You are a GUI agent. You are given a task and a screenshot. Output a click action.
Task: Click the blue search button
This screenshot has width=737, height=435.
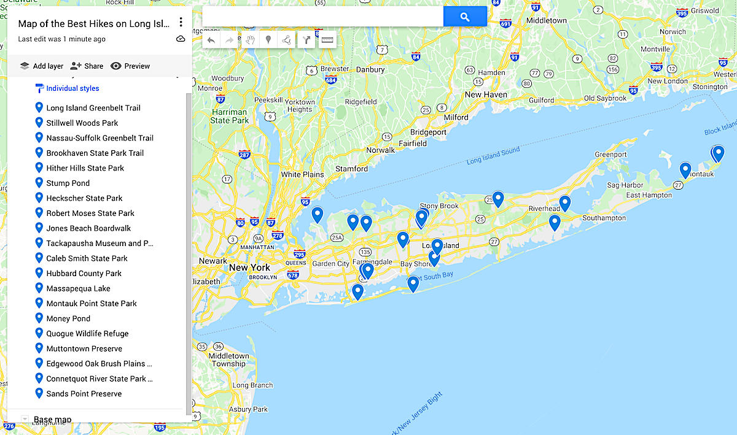(465, 17)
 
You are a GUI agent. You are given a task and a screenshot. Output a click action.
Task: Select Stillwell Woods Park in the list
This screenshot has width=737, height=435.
(82, 123)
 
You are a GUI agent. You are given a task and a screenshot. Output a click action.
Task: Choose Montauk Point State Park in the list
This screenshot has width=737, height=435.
(91, 303)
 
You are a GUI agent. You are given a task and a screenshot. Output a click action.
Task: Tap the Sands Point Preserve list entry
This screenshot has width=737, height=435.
(84, 393)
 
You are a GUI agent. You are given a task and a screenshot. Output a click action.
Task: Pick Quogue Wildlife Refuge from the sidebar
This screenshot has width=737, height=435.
(87, 333)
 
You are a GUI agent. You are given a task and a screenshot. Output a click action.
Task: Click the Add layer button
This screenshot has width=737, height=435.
(41, 66)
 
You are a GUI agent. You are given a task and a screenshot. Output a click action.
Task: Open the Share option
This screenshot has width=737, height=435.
(87, 66)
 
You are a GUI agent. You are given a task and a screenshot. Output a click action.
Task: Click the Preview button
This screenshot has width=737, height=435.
(130, 66)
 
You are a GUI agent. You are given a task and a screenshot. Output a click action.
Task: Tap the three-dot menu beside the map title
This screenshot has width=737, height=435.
(181, 23)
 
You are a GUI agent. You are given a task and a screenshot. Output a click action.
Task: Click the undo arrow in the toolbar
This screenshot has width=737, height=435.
(211, 40)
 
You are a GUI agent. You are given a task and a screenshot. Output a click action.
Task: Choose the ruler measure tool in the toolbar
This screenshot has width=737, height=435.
(327, 40)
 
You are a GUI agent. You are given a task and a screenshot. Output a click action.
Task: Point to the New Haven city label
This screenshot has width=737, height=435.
(486, 94)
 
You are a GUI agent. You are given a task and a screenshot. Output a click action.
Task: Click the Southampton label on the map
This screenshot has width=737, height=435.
(604, 218)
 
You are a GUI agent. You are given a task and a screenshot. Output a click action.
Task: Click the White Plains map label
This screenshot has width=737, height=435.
(302, 174)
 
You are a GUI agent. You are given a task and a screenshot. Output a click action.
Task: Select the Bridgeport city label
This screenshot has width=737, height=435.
(428, 132)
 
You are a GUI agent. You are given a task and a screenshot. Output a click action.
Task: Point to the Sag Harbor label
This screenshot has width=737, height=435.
(625, 185)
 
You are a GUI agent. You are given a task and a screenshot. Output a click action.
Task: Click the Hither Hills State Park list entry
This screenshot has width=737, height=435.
(85, 167)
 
